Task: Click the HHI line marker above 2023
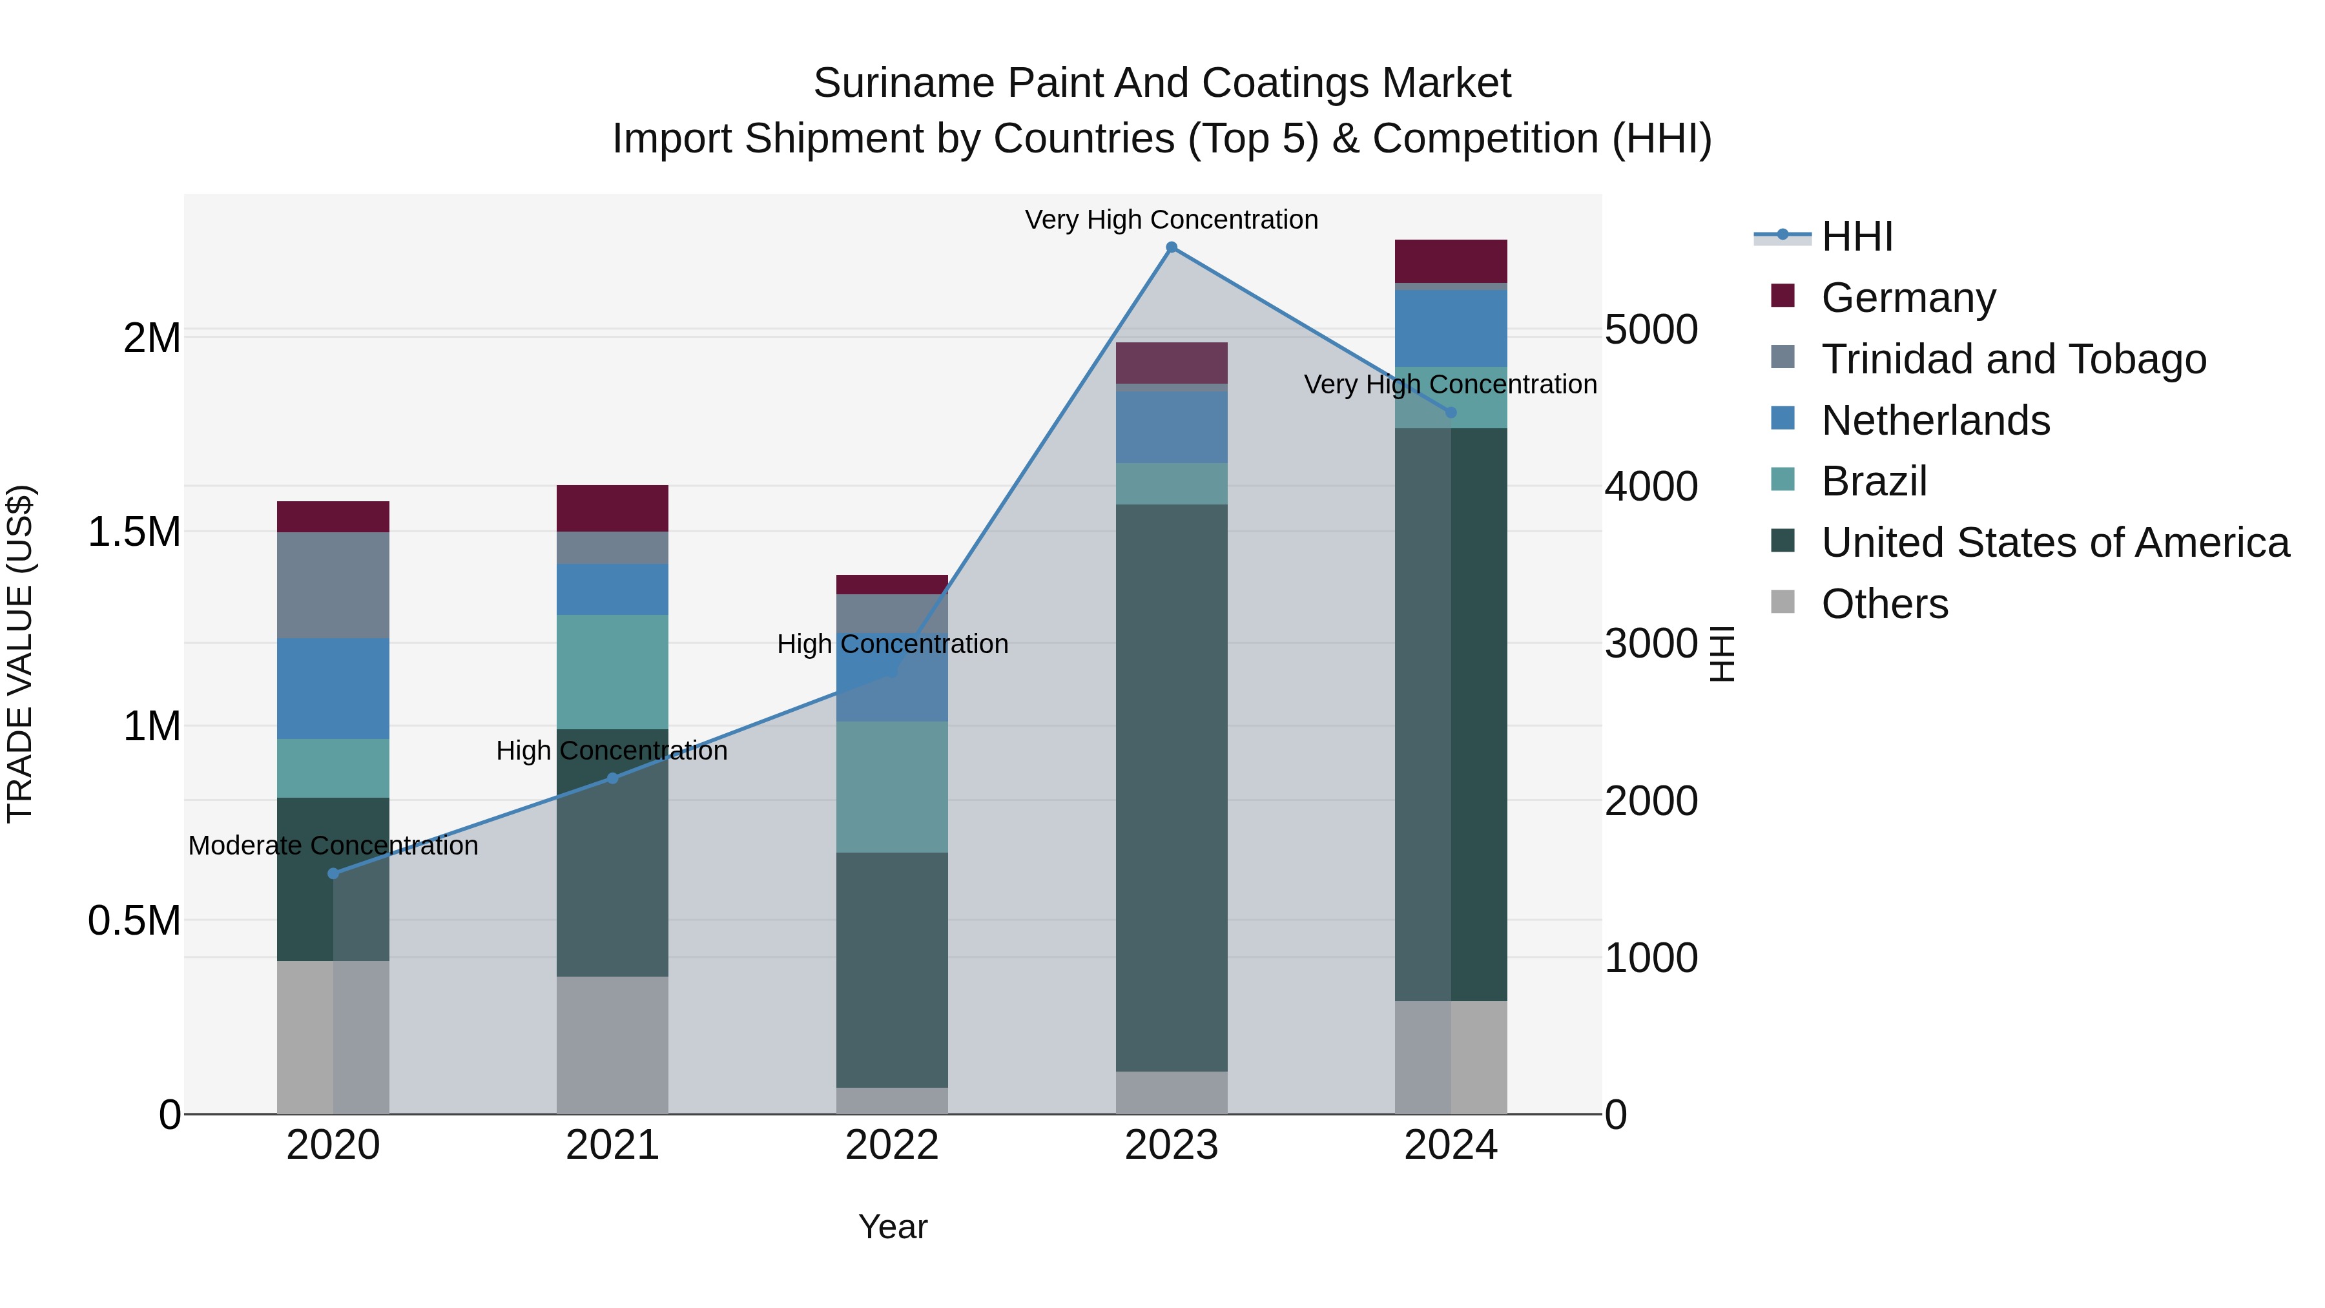(1171, 247)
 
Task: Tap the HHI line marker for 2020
(333, 873)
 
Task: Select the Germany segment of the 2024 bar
(1451, 261)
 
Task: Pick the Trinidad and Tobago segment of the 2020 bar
(333, 585)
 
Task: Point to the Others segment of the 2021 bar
(612, 1044)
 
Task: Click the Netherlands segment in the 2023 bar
(1171, 427)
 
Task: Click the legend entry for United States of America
(2054, 543)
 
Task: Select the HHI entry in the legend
(1857, 236)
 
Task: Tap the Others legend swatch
(1782, 602)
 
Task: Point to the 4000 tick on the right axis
(1651, 486)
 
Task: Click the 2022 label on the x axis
(892, 1145)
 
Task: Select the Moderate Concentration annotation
(333, 846)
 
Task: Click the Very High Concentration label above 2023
(1171, 220)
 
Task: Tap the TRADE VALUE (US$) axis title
(20, 654)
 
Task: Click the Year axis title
(892, 1227)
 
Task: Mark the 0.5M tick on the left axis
(134, 920)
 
